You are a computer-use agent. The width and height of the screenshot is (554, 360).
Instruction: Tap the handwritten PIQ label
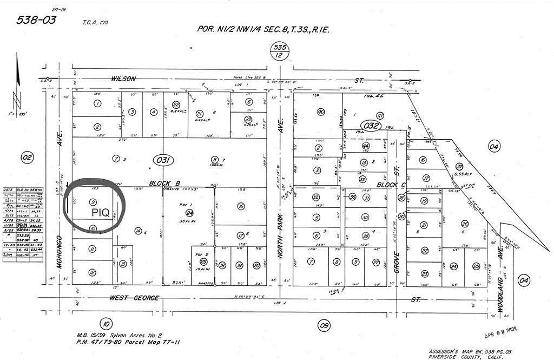101,212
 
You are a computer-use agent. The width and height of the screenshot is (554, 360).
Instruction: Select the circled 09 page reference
324,325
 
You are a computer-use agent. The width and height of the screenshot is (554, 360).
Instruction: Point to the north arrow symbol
16,103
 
